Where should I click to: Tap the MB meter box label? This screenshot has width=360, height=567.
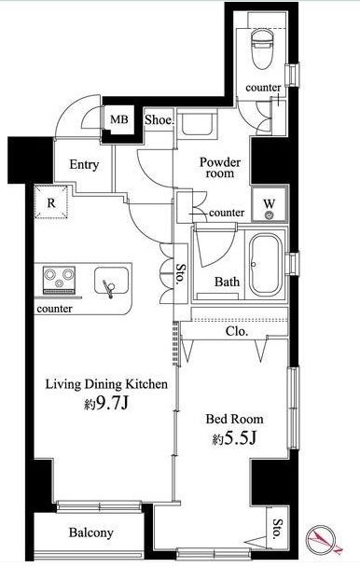(119, 119)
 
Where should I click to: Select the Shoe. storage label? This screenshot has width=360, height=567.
(159, 120)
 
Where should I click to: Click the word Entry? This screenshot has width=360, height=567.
(84, 165)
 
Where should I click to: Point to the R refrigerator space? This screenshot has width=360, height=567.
(51, 202)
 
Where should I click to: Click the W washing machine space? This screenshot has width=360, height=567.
(270, 203)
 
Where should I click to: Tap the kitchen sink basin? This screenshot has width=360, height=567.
(111, 281)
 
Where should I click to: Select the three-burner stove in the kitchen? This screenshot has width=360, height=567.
(59, 280)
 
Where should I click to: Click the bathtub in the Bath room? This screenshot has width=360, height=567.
(265, 265)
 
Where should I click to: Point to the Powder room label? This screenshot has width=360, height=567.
(220, 168)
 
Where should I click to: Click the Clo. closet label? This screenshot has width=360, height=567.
(237, 331)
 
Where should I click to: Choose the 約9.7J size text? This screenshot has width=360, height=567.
(106, 404)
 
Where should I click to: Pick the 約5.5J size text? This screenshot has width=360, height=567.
(234, 438)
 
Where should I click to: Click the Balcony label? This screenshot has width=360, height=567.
(90, 532)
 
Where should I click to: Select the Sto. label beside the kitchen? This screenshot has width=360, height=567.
(180, 274)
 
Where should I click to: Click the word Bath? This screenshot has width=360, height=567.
(227, 282)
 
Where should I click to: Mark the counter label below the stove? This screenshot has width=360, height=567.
(55, 309)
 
